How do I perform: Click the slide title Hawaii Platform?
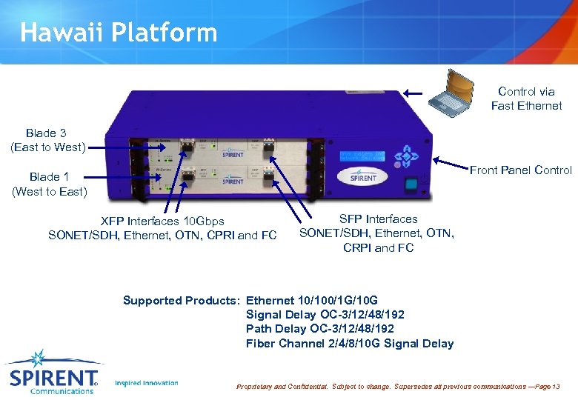tap(119, 32)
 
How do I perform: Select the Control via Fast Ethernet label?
tap(526, 99)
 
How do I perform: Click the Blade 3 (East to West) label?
tap(47, 140)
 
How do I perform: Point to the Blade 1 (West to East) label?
tap(49, 184)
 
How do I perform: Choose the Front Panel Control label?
tap(521, 170)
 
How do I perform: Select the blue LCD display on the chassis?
tap(363, 157)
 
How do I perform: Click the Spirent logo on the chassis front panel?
tap(363, 178)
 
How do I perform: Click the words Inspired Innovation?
tap(147, 383)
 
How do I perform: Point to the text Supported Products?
tap(182, 301)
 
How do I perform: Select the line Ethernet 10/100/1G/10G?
tap(312, 301)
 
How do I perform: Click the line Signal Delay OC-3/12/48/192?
tap(325, 315)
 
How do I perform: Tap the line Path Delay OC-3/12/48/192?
tap(320, 329)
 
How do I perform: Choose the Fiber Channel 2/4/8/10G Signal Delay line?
tap(350, 343)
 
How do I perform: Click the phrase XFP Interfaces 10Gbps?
tap(162, 221)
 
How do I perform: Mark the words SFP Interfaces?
tap(378, 219)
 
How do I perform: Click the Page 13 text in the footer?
tap(547, 387)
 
